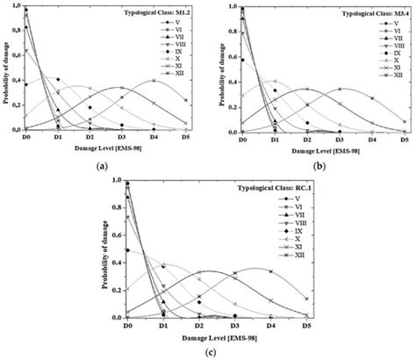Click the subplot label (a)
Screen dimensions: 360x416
103,166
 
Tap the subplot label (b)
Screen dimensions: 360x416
312,166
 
